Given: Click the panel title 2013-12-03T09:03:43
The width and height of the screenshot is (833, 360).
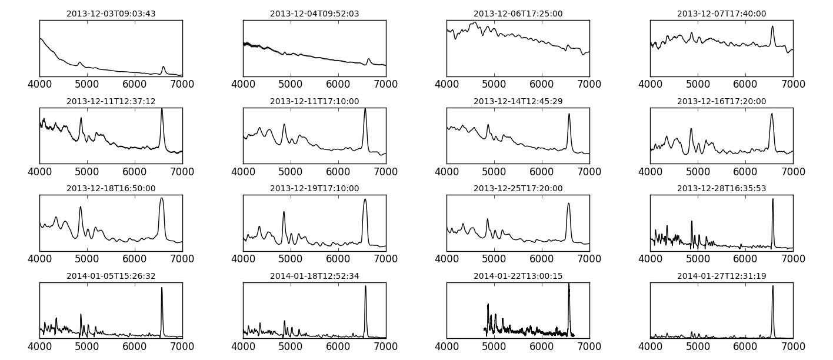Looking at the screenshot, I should tap(111, 14).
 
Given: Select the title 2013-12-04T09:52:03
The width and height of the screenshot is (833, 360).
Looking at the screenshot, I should tap(314, 14).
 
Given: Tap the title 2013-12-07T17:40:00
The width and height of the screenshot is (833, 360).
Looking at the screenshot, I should tap(721, 14).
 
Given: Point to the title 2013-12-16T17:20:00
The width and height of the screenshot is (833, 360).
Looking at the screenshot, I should tap(721, 101).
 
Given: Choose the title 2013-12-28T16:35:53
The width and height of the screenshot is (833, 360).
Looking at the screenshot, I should tap(721, 188).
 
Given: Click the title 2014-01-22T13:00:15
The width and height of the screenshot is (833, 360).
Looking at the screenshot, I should tap(518, 276).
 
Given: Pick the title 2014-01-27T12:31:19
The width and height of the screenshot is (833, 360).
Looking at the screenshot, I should tap(721, 276).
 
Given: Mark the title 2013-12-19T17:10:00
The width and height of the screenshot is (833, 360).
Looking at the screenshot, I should tap(314, 188).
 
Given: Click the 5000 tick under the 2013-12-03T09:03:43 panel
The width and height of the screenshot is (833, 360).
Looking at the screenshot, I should tap(87, 84).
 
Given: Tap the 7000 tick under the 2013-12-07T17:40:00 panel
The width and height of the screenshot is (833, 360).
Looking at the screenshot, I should tap(793, 84).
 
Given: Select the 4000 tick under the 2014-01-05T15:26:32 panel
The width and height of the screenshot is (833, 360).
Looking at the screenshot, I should tap(39, 346).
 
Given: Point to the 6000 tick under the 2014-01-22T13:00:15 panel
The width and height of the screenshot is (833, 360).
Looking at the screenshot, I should tap(542, 346).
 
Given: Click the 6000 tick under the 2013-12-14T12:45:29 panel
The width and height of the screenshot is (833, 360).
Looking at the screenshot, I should tap(542, 172).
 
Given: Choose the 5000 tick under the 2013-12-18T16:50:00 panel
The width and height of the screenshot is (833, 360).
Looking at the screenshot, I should tap(87, 259).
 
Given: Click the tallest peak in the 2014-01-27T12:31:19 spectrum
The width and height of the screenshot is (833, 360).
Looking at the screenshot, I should tap(772, 286).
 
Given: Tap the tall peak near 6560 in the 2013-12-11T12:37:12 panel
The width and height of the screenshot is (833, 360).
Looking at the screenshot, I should tap(162, 109).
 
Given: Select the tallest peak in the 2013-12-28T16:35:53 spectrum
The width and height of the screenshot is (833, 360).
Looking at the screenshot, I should tap(772, 199).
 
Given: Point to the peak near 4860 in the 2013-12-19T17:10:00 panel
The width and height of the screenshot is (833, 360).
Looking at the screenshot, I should tap(284, 212).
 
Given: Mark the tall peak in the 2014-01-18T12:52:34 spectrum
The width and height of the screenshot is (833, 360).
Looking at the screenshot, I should tap(365, 286).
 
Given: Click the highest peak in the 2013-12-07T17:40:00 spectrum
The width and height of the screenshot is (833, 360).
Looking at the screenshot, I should tap(772, 26).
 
